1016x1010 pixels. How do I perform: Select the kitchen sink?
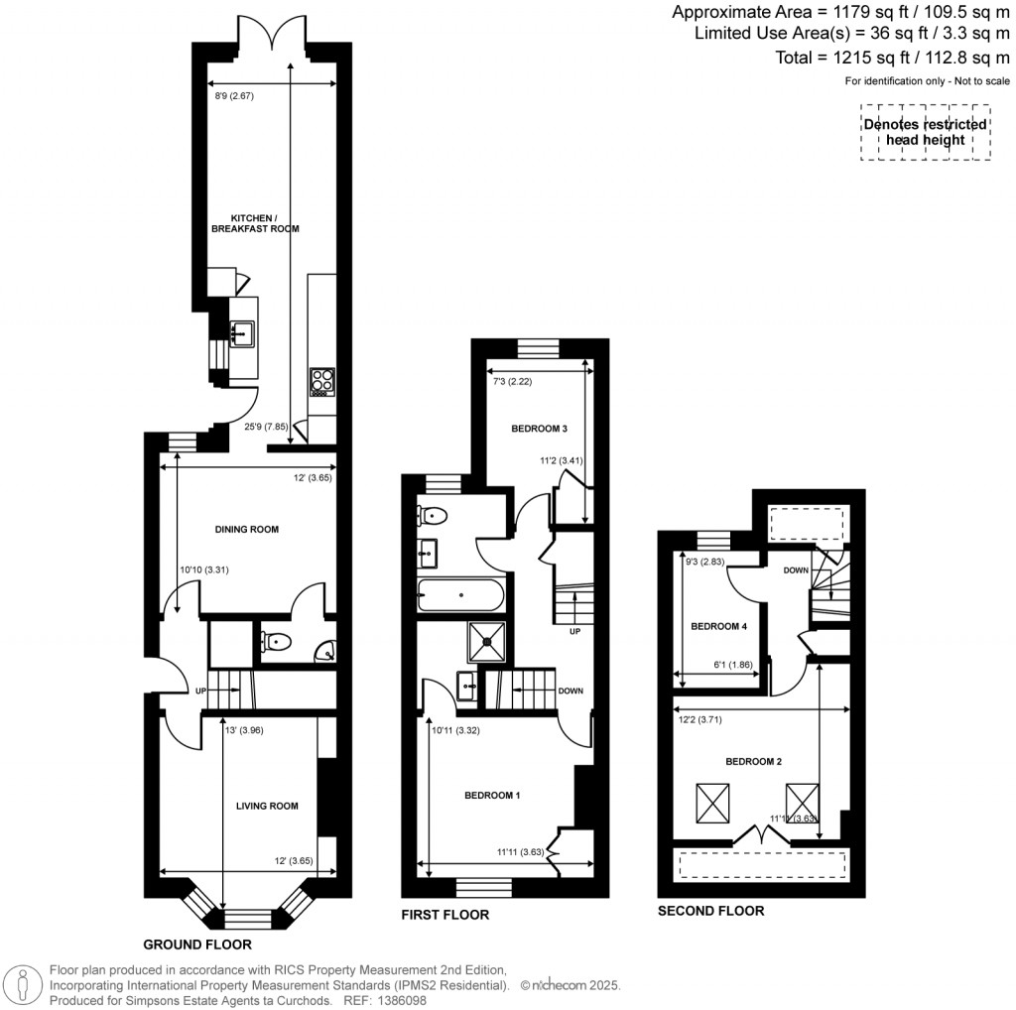[241, 332]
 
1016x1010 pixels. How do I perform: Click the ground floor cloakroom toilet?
[276, 642]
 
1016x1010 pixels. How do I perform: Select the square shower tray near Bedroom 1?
[488, 640]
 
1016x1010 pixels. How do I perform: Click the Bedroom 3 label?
[539, 429]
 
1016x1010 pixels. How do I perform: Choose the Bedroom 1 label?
[493, 796]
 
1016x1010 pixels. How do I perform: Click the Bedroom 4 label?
[717, 627]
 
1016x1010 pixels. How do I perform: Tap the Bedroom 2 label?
[753, 762]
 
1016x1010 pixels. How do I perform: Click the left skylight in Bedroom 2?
[712, 802]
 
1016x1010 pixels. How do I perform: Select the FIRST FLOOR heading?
[445, 915]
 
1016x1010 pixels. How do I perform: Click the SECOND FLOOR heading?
[711, 911]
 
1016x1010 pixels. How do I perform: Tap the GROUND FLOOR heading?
[197, 945]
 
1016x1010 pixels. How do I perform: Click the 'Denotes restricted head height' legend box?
[925, 133]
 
